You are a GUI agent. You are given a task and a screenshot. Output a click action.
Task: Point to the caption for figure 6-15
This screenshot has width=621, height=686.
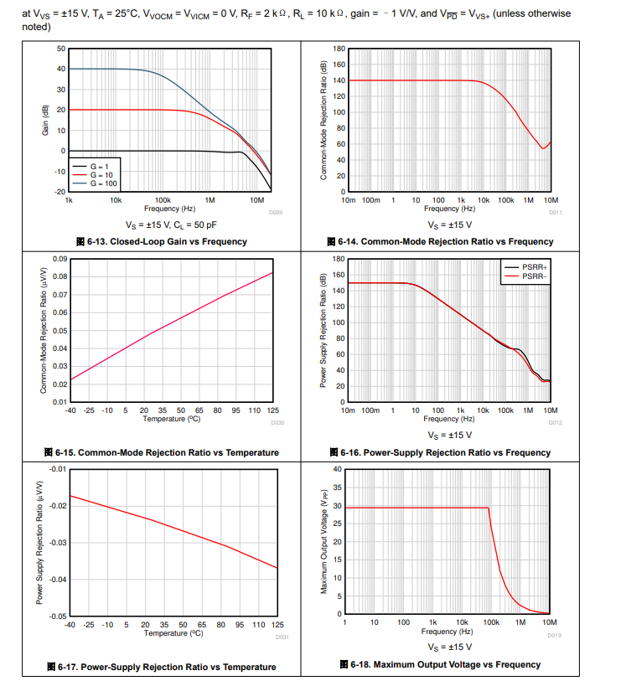(x=168, y=452)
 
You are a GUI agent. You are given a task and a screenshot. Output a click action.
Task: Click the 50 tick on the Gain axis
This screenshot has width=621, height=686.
(x=60, y=49)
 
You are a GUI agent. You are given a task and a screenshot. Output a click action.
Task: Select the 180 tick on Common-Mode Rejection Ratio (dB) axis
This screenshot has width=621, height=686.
(x=339, y=49)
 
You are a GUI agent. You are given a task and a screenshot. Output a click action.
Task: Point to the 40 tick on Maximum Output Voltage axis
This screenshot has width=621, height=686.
(x=337, y=469)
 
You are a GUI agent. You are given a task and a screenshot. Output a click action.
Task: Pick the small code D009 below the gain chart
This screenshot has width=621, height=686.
(x=276, y=213)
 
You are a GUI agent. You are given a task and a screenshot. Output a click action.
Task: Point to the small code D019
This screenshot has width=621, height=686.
(x=555, y=635)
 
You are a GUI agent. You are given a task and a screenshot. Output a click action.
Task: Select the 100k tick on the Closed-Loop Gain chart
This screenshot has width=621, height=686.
(x=163, y=201)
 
